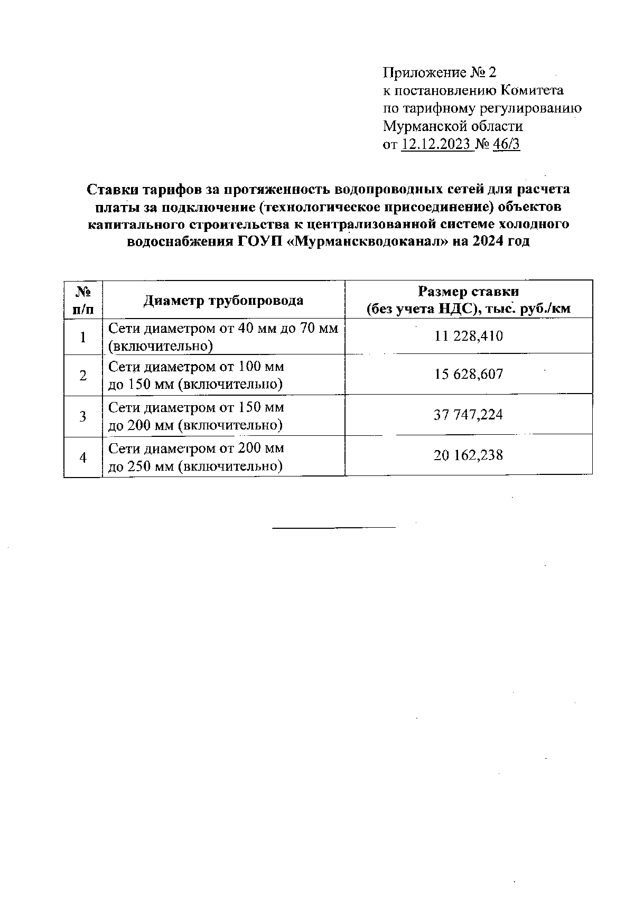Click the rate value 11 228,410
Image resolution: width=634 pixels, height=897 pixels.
tap(468, 336)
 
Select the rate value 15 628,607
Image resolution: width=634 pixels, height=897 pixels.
tap(468, 375)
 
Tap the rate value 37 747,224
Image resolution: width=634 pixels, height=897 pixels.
tap(468, 415)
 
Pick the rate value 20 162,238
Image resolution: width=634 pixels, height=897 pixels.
tap(468, 455)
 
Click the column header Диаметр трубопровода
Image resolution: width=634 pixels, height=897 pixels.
tap(223, 301)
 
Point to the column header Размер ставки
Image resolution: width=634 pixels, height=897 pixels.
tap(468, 292)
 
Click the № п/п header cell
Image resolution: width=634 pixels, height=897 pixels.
tap(83, 300)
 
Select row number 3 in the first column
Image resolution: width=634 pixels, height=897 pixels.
tap(83, 416)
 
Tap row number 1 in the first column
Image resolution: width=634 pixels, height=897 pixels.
tap(83, 337)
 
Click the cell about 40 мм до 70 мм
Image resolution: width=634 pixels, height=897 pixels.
tap(222, 337)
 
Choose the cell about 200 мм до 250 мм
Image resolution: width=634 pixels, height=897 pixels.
tap(196, 457)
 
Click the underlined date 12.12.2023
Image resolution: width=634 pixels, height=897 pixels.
tap(436, 144)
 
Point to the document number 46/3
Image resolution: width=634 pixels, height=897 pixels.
tap(506, 144)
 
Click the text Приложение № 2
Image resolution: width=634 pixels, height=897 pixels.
tap(440, 72)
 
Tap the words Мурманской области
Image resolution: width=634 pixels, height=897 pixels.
tap(452, 126)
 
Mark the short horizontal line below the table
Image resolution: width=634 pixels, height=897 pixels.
tap(334, 527)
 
